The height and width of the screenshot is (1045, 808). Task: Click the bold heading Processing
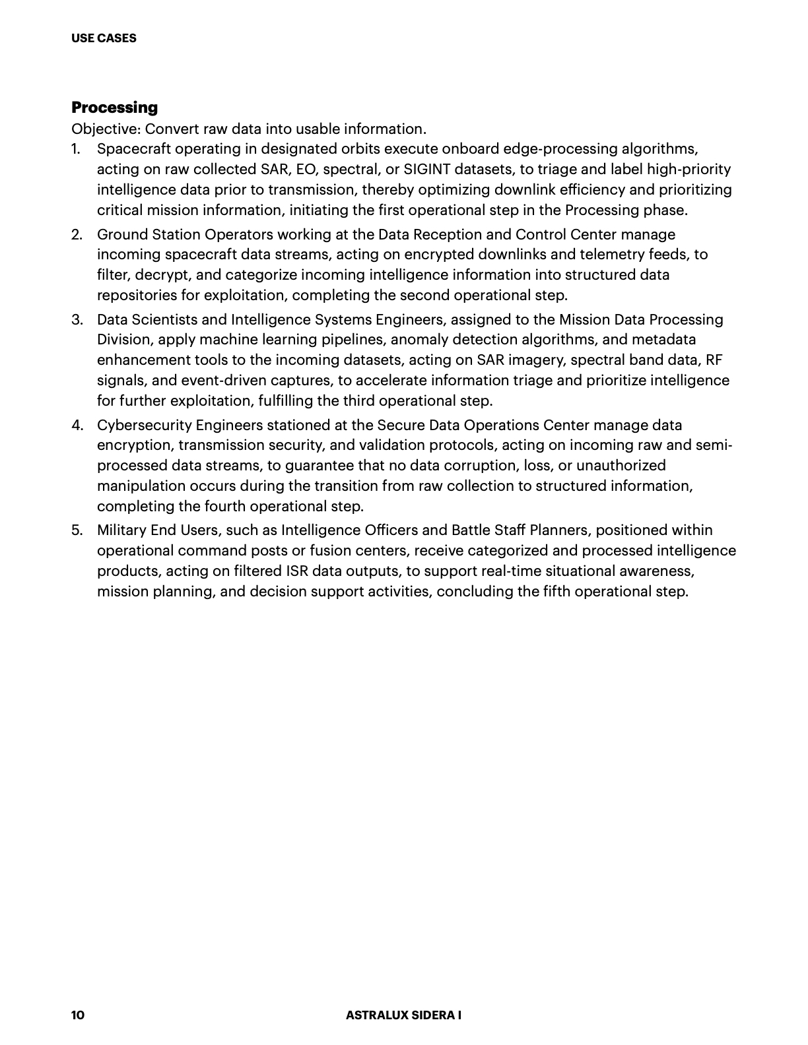coord(114,108)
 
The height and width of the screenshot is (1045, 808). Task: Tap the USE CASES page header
coord(104,38)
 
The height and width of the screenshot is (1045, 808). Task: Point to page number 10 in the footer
coord(78,1015)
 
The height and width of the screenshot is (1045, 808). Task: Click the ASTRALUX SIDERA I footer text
coord(403,1015)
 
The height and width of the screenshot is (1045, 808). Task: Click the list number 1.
coord(76,149)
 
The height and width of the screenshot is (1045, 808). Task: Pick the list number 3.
coord(77,320)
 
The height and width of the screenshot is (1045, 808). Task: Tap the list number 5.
coord(77,530)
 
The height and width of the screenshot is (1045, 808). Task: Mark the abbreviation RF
coord(714,360)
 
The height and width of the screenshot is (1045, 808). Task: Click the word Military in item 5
coord(121,530)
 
